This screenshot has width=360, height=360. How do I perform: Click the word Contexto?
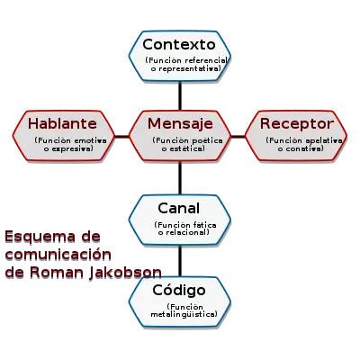coord(179,45)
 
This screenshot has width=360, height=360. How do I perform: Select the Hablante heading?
coord(62,123)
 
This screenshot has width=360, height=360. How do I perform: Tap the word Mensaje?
coord(180,124)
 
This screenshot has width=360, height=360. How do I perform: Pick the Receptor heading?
coord(297,124)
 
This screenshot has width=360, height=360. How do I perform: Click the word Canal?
coord(179,208)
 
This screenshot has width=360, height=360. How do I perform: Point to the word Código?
coord(179,291)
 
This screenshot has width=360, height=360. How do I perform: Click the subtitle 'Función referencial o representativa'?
coord(186,65)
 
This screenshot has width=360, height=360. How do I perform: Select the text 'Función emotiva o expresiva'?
coord(70,144)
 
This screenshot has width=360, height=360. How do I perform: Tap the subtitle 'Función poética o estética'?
coord(187,144)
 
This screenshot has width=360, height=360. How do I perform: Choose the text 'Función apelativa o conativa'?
coord(304,144)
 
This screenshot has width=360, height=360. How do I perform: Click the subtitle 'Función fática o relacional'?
coord(185,229)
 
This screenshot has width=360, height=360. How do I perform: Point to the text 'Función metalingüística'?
coord(184,310)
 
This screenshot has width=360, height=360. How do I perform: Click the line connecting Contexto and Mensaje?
coord(180,95)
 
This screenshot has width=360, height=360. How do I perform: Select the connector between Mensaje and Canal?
coord(180,178)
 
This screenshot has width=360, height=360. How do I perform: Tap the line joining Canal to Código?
coord(180,261)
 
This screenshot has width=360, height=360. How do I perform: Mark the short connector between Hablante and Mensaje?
coord(121,137)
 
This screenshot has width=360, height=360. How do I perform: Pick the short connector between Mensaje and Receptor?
coord(238,137)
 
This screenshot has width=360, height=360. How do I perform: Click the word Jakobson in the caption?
coord(125,273)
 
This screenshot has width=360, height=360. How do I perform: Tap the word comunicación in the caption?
coord(58,255)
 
